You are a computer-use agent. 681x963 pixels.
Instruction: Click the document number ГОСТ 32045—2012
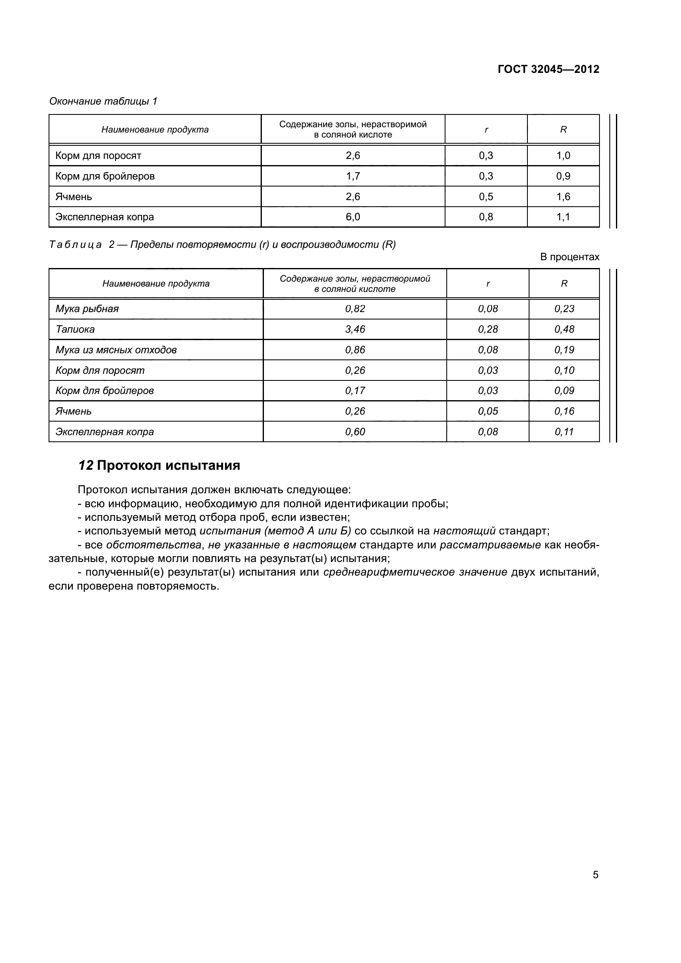pyautogui.click(x=548, y=69)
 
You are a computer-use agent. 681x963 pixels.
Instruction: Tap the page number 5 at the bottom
pyautogui.click(x=595, y=875)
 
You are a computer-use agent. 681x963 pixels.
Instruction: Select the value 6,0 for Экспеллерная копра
pyautogui.click(x=353, y=217)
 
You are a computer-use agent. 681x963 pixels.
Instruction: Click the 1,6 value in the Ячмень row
pyautogui.click(x=563, y=197)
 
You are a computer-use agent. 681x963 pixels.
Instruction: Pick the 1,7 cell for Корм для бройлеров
pyautogui.click(x=353, y=176)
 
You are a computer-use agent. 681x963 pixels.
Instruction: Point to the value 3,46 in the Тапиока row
pyautogui.click(x=355, y=329)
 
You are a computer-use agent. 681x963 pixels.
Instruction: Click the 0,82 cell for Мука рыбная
pyautogui.click(x=355, y=309)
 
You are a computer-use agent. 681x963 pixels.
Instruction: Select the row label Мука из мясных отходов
pyautogui.click(x=116, y=350)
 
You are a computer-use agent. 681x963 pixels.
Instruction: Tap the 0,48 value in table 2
pyautogui.click(x=564, y=329)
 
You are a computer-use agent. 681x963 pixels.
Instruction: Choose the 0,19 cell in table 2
pyautogui.click(x=564, y=350)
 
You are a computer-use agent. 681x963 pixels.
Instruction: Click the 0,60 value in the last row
pyautogui.click(x=355, y=431)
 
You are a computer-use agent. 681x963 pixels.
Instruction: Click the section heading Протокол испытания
pyautogui.click(x=168, y=466)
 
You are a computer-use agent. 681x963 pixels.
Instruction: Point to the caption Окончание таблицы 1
pyautogui.click(x=103, y=101)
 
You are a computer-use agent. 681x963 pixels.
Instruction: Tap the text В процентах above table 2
pyautogui.click(x=569, y=256)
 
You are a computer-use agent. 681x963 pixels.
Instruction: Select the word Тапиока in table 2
pyautogui.click(x=75, y=329)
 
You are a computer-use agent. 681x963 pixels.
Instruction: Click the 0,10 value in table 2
pyautogui.click(x=564, y=371)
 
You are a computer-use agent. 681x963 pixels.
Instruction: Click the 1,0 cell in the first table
pyautogui.click(x=563, y=156)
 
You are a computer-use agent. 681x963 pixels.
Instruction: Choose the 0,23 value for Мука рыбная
pyautogui.click(x=564, y=309)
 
